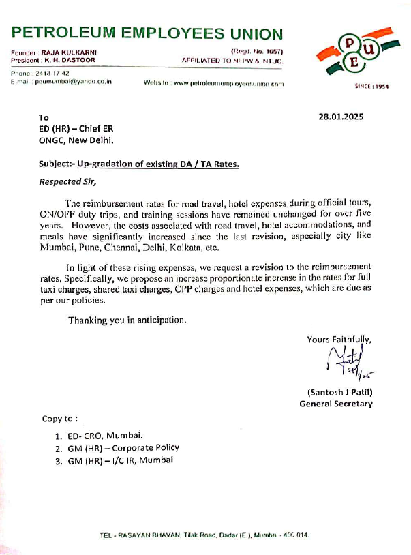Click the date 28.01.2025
pos(341,117)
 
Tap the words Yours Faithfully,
pos(339,339)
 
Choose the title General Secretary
pos(336,404)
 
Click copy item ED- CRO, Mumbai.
pos(104,435)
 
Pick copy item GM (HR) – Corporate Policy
pos(123,447)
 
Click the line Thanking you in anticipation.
pos(126,320)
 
